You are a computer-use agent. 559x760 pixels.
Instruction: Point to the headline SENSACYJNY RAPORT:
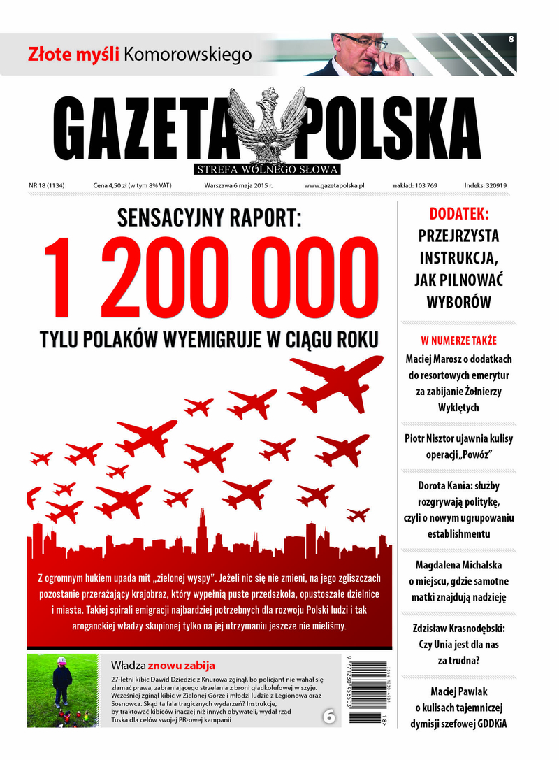click(x=208, y=220)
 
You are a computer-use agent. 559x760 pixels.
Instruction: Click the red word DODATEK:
click(x=458, y=215)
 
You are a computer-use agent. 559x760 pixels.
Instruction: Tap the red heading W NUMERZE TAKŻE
click(x=458, y=341)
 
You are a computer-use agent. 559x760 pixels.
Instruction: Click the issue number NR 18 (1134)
click(x=48, y=186)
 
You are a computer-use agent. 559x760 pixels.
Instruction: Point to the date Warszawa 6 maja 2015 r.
click(x=238, y=186)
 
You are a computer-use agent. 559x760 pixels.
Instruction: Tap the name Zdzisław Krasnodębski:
click(x=458, y=628)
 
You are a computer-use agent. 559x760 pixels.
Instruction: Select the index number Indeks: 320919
click(x=485, y=186)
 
